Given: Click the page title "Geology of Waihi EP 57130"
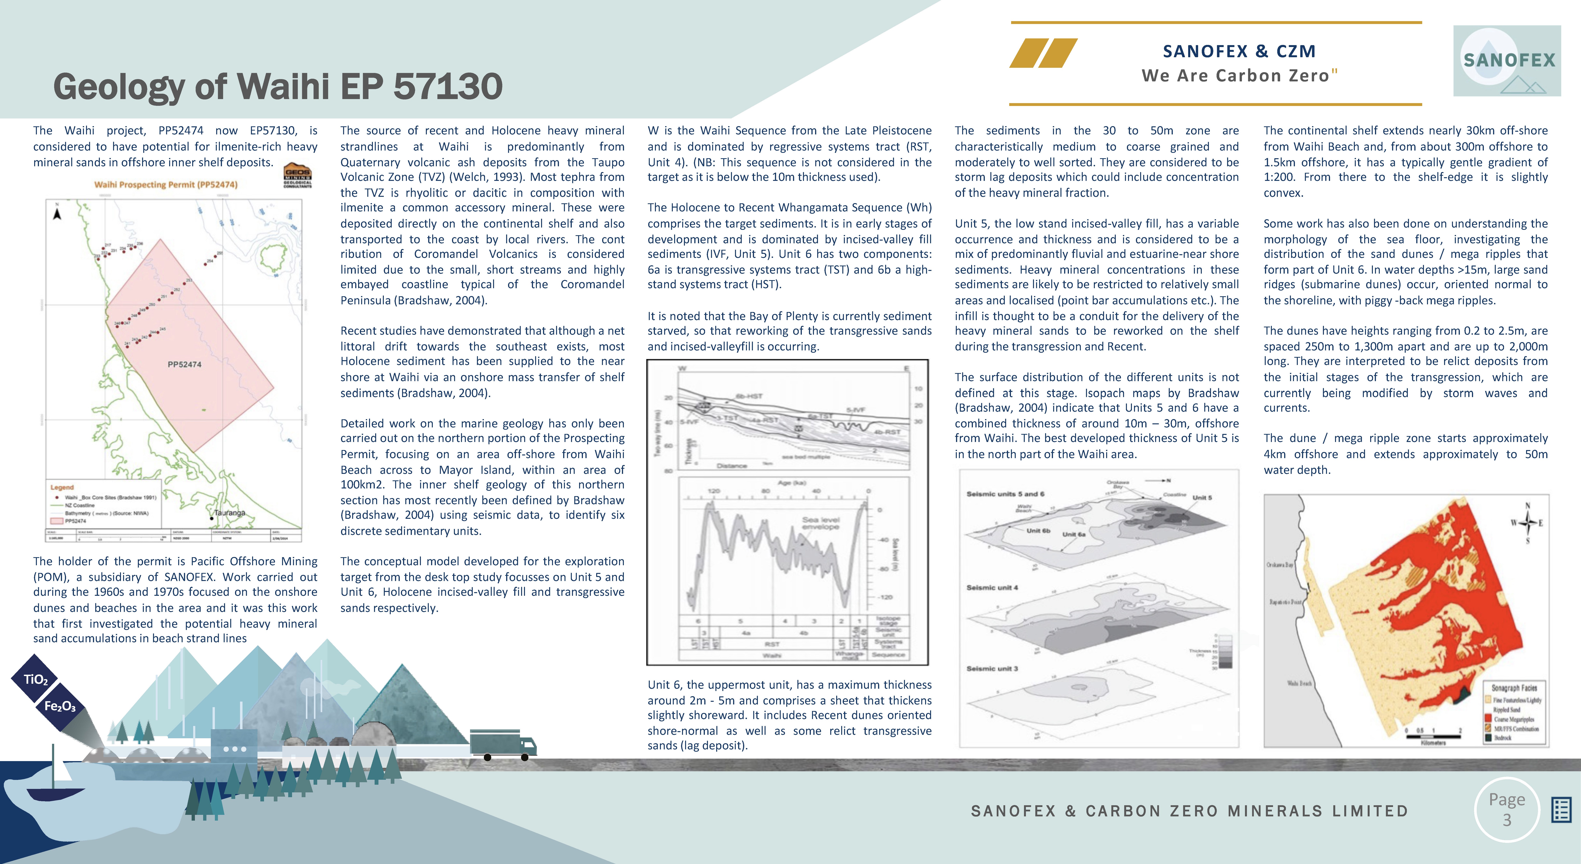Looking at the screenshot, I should [x=277, y=87].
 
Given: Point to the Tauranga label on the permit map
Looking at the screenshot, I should [x=229, y=512].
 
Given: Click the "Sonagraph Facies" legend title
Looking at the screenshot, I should [x=1514, y=688].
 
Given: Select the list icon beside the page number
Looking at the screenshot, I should [x=1561, y=810].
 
